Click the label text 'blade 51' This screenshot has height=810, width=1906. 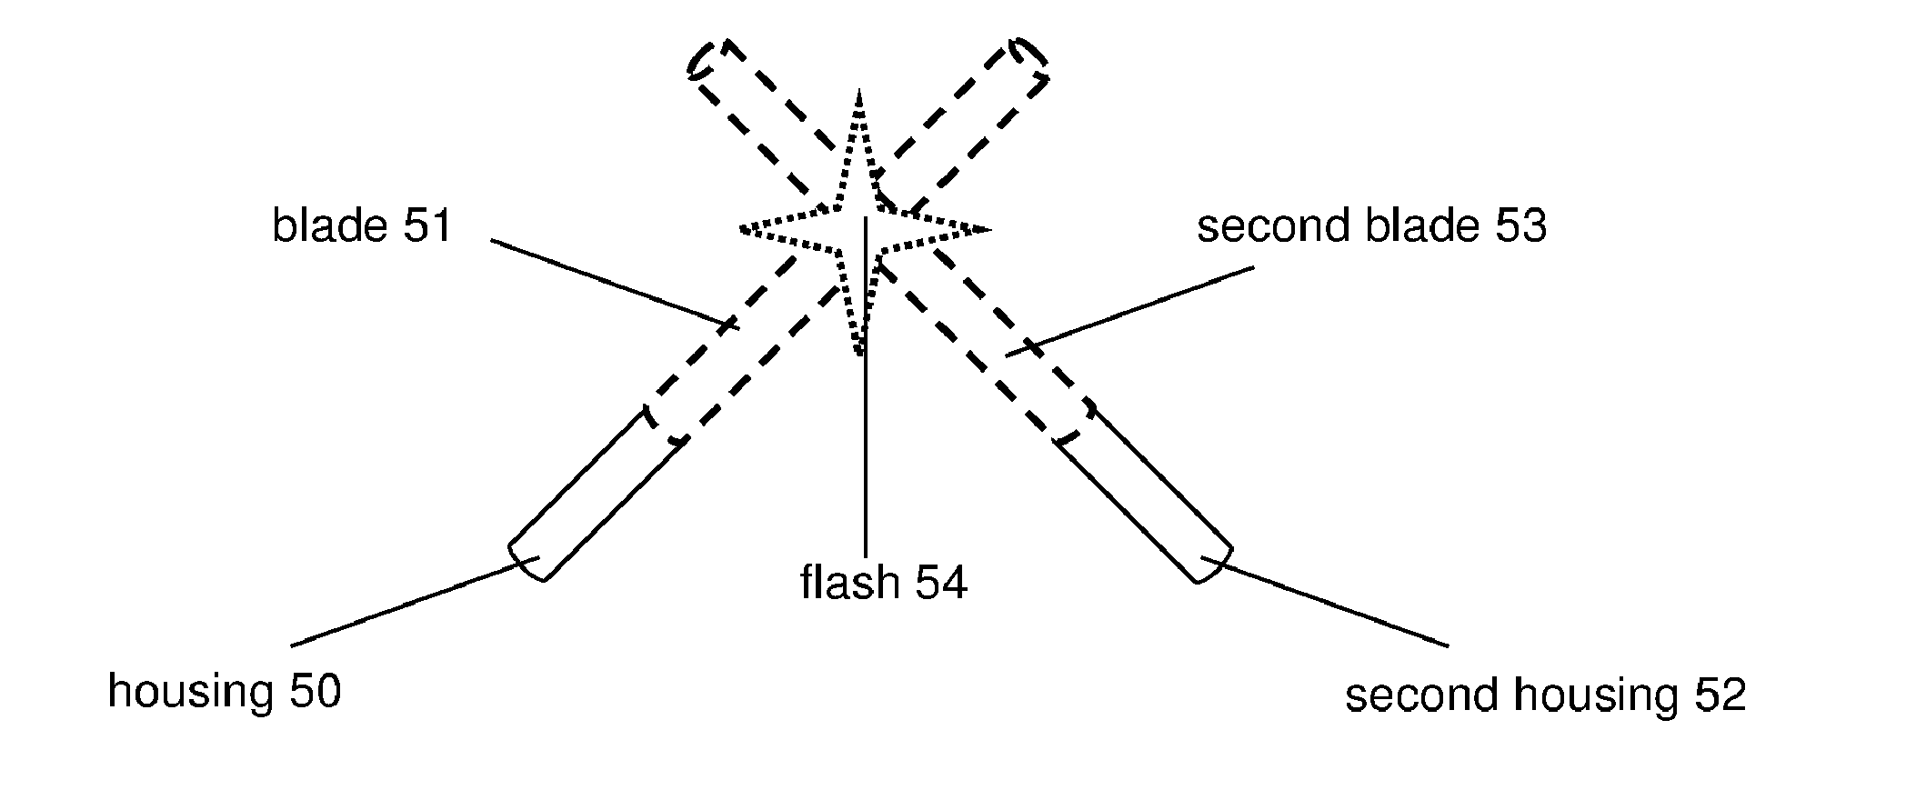click(362, 225)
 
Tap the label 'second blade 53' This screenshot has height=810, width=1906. click(1370, 225)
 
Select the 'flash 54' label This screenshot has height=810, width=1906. click(883, 582)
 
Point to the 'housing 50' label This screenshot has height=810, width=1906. click(224, 691)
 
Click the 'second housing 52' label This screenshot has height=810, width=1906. click(1545, 695)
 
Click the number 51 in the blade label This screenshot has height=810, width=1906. click(427, 225)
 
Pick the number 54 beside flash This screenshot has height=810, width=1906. click(941, 582)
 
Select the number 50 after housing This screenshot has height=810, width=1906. click(315, 691)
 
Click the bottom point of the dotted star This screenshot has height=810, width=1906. click(859, 353)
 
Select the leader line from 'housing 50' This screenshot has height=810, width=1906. click(409, 603)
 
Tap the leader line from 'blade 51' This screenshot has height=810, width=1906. click(609, 282)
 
